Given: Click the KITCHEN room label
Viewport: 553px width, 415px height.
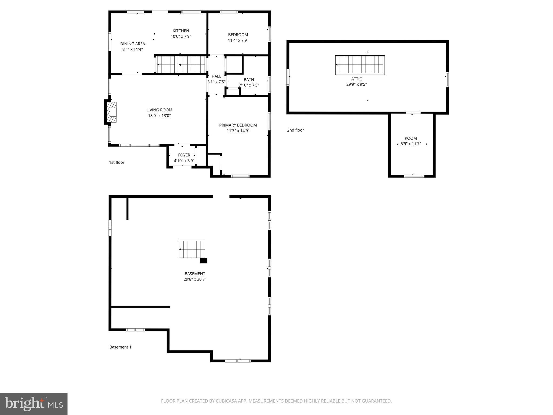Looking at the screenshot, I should [x=181, y=31].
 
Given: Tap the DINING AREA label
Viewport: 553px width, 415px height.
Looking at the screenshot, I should [x=132, y=44].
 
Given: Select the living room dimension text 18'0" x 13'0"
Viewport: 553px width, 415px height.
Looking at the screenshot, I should [x=159, y=116].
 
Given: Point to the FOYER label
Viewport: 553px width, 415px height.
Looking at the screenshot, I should [x=184, y=155].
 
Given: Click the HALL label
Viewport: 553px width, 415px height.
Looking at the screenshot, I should [x=216, y=76].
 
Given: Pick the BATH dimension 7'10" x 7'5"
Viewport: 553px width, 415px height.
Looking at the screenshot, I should [x=249, y=85].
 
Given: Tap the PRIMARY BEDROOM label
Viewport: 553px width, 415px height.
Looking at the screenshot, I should [x=238, y=125].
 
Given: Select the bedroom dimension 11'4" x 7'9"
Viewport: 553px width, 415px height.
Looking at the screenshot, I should [x=238, y=41].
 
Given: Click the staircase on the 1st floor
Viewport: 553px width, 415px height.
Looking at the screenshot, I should [x=180, y=65].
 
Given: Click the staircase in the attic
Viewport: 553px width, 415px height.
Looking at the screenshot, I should [x=360, y=65].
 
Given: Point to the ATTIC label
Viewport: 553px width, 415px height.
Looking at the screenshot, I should [x=356, y=79].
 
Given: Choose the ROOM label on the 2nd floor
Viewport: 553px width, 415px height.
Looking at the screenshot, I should [x=411, y=138].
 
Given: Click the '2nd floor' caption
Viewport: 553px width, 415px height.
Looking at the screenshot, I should [x=295, y=130].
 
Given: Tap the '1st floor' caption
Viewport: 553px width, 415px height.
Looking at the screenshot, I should [x=117, y=162].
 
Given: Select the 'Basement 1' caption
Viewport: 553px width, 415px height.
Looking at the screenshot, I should [x=120, y=347].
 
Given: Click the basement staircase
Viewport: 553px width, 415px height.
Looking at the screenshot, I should [x=192, y=249].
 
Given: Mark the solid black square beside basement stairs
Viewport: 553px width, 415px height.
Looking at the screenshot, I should [x=204, y=261].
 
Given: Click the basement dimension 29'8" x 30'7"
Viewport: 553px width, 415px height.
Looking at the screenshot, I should [x=195, y=279].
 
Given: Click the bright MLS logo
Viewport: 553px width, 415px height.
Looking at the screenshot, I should [x=34, y=404].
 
